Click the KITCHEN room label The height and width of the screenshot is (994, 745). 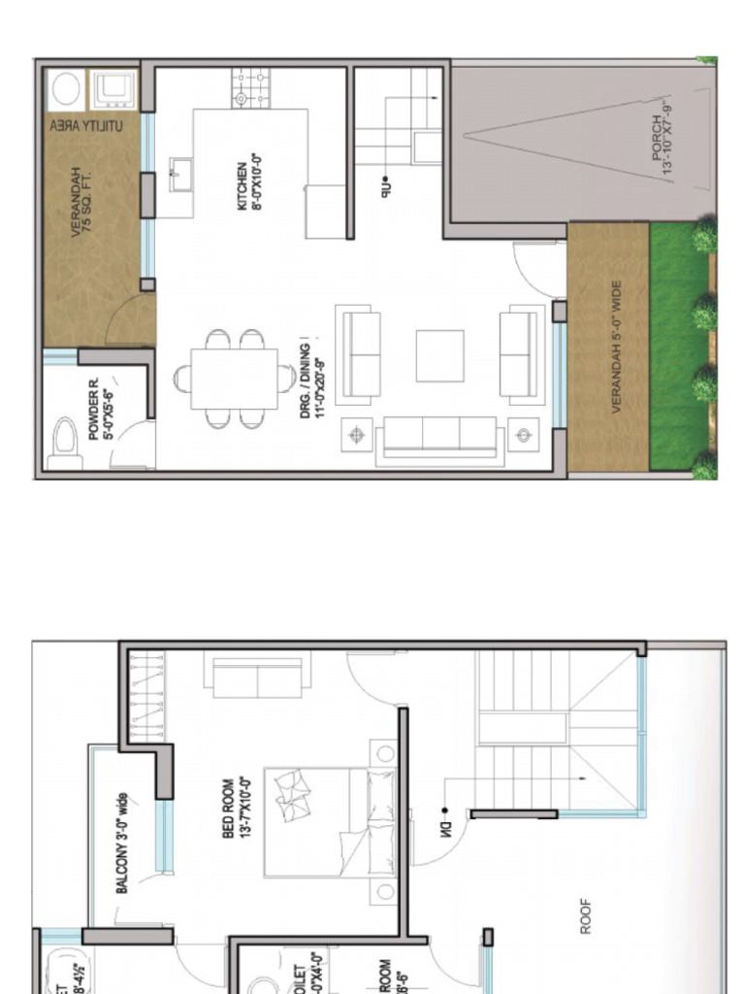point(250,181)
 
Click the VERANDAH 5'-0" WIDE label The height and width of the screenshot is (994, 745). point(617,348)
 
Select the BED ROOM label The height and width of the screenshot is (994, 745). point(234,808)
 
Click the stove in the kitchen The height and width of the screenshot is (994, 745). point(249,88)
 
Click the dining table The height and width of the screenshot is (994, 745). point(234,379)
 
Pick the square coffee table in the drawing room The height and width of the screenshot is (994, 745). point(440,356)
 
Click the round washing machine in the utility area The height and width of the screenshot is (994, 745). point(64,90)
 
